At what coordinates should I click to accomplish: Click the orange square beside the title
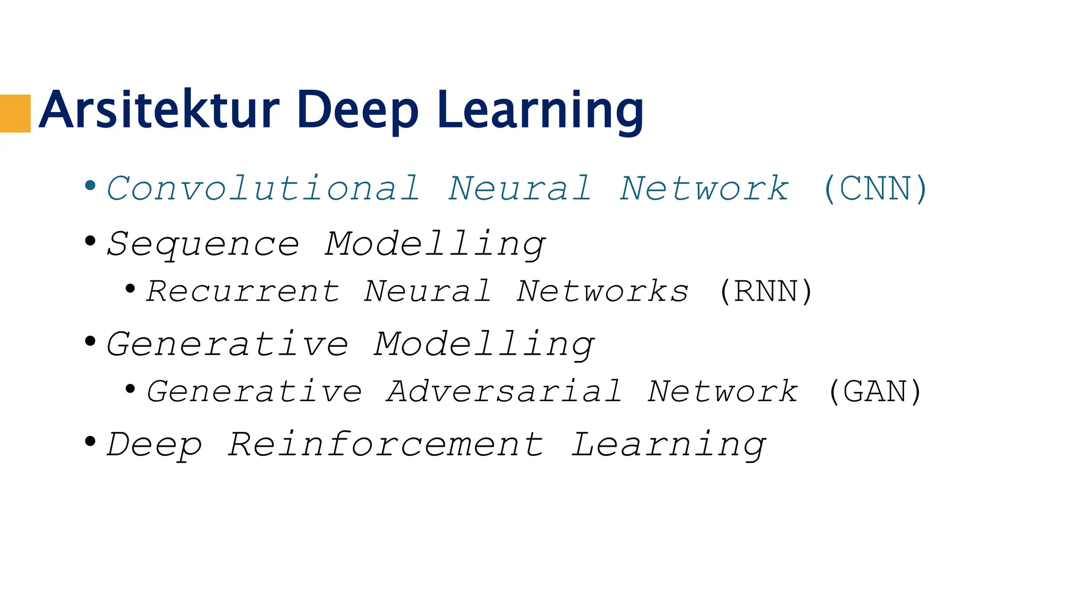coord(15,113)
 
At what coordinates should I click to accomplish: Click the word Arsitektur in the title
coord(159,110)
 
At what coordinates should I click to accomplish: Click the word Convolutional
coord(263,189)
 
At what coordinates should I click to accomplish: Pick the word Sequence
coord(203,244)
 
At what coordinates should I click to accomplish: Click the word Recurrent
coord(243,291)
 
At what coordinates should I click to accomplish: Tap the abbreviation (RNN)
coord(766,291)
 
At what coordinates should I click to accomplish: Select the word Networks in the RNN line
coord(602,291)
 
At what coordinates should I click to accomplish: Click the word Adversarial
coord(504,392)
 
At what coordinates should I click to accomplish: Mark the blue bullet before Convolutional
coord(90,185)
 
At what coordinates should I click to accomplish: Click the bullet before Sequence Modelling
coord(90,241)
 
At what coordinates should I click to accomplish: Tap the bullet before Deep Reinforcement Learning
coord(90,441)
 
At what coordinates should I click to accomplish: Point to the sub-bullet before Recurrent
coord(130,288)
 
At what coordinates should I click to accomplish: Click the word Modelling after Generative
coord(483,345)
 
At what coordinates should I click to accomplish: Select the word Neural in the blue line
coord(520,189)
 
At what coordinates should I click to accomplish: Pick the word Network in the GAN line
coord(722,392)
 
